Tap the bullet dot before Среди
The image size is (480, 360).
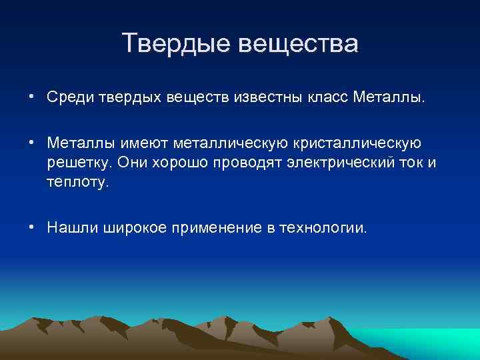pyautogui.click(x=31, y=98)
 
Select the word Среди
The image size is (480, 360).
pyautogui.click(x=67, y=98)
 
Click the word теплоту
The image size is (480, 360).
pyautogui.click(x=75, y=182)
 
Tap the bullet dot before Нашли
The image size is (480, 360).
pyautogui.click(x=31, y=228)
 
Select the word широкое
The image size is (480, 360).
pyautogui.click(x=135, y=228)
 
